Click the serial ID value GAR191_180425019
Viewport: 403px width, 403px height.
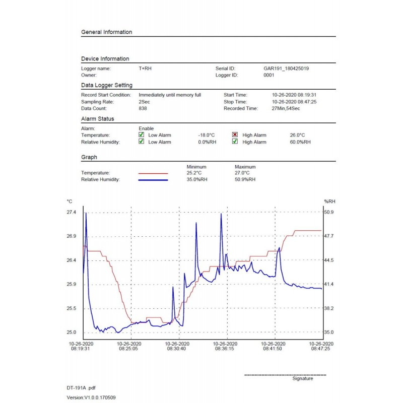(286, 68)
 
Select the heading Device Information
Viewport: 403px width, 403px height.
(105, 59)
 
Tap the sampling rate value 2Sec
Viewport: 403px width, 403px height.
(144, 102)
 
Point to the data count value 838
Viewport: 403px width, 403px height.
(143, 108)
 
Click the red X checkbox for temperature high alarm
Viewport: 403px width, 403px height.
(235, 135)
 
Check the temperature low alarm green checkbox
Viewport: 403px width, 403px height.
(142, 135)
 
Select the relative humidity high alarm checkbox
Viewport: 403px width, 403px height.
(235, 142)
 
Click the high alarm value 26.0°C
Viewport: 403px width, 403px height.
(297, 135)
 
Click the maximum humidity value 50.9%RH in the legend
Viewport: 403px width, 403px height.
(245, 180)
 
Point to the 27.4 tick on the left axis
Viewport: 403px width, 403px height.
(72, 213)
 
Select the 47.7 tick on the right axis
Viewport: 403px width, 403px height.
(329, 236)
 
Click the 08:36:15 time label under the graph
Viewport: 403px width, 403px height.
(227, 348)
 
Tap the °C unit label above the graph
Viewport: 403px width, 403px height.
(70, 201)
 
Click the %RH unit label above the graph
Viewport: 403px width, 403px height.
(329, 201)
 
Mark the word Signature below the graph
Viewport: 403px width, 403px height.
(302, 379)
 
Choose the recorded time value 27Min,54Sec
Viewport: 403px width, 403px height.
(286, 108)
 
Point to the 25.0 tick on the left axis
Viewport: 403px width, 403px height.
(72, 332)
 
